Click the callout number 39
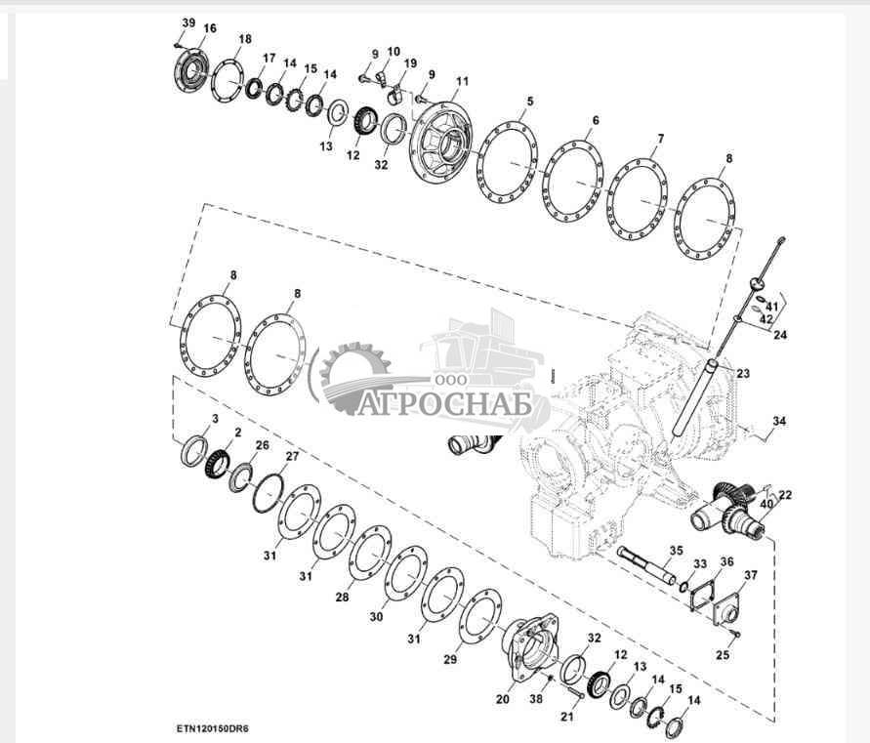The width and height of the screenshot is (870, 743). [188, 22]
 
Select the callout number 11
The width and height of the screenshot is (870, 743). [462, 81]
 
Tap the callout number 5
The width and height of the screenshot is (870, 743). [530, 102]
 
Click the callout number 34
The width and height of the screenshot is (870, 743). [778, 422]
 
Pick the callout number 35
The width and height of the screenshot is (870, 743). [676, 550]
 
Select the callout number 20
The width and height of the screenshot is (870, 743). [503, 700]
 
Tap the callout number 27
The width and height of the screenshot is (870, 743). [291, 456]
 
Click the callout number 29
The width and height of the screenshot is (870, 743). [450, 660]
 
